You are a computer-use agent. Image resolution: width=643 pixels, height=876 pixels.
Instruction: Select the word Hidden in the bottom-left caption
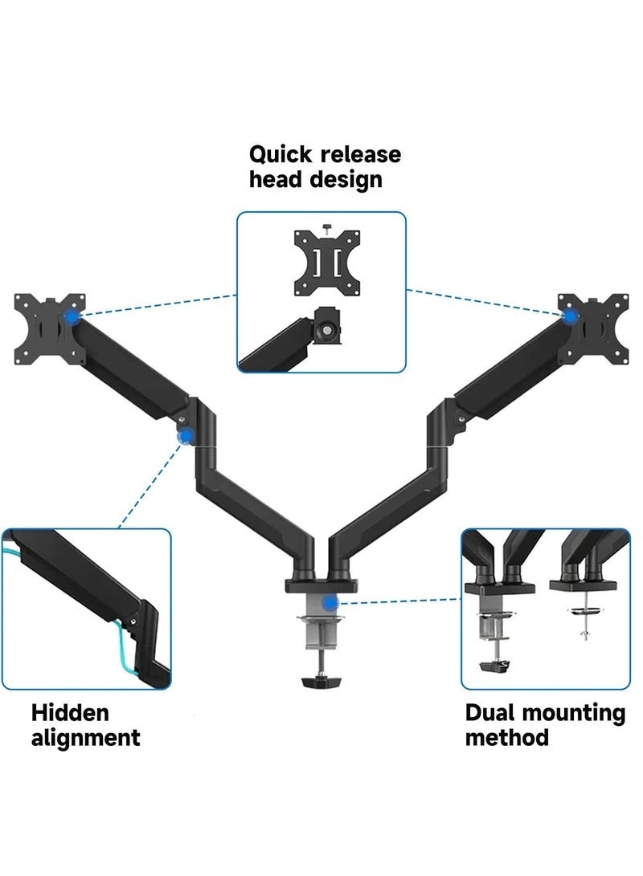click(x=70, y=712)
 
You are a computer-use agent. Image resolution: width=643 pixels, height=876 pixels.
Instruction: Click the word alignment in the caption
click(x=85, y=737)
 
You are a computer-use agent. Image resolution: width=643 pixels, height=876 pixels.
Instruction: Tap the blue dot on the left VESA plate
click(x=74, y=319)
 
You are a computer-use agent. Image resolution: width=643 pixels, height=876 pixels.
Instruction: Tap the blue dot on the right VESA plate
click(x=570, y=316)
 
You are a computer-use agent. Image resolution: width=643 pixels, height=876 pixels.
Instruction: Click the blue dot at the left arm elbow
click(x=186, y=437)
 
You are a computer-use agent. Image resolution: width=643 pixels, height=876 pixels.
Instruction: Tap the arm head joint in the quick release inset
click(x=327, y=328)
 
